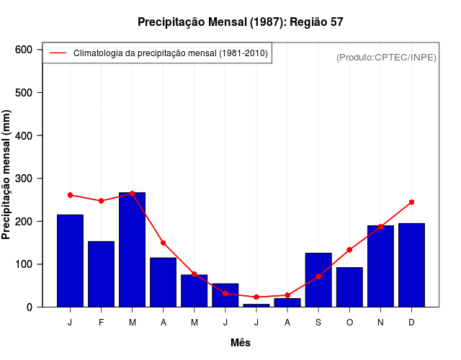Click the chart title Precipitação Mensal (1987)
[x=241, y=22]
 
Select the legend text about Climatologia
[x=171, y=53]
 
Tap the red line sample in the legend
[x=58, y=53]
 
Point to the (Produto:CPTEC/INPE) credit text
[x=386, y=57]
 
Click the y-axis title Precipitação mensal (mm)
[x=7, y=175]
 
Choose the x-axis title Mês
[x=241, y=343]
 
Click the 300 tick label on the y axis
[x=24, y=179]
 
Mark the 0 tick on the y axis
[x=30, y=307]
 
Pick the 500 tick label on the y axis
[x=24, y=93]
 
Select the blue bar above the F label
[x=101, y=274]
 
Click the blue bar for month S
[x=318, y=279]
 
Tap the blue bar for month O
[x=349, y=287]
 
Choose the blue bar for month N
[x=380, y=266]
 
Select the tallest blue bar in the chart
[x=132, y=249]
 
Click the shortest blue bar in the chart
[x=256, y=305]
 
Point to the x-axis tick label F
[x=101, y=323]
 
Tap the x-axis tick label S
[x=318, y=323]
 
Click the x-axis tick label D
[x=411, y=323]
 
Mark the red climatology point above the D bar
[x=411, y=202]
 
